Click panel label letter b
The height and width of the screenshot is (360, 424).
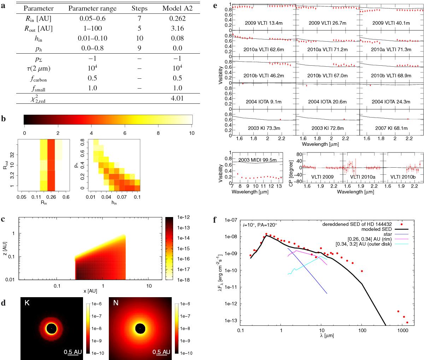pos(4,119)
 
